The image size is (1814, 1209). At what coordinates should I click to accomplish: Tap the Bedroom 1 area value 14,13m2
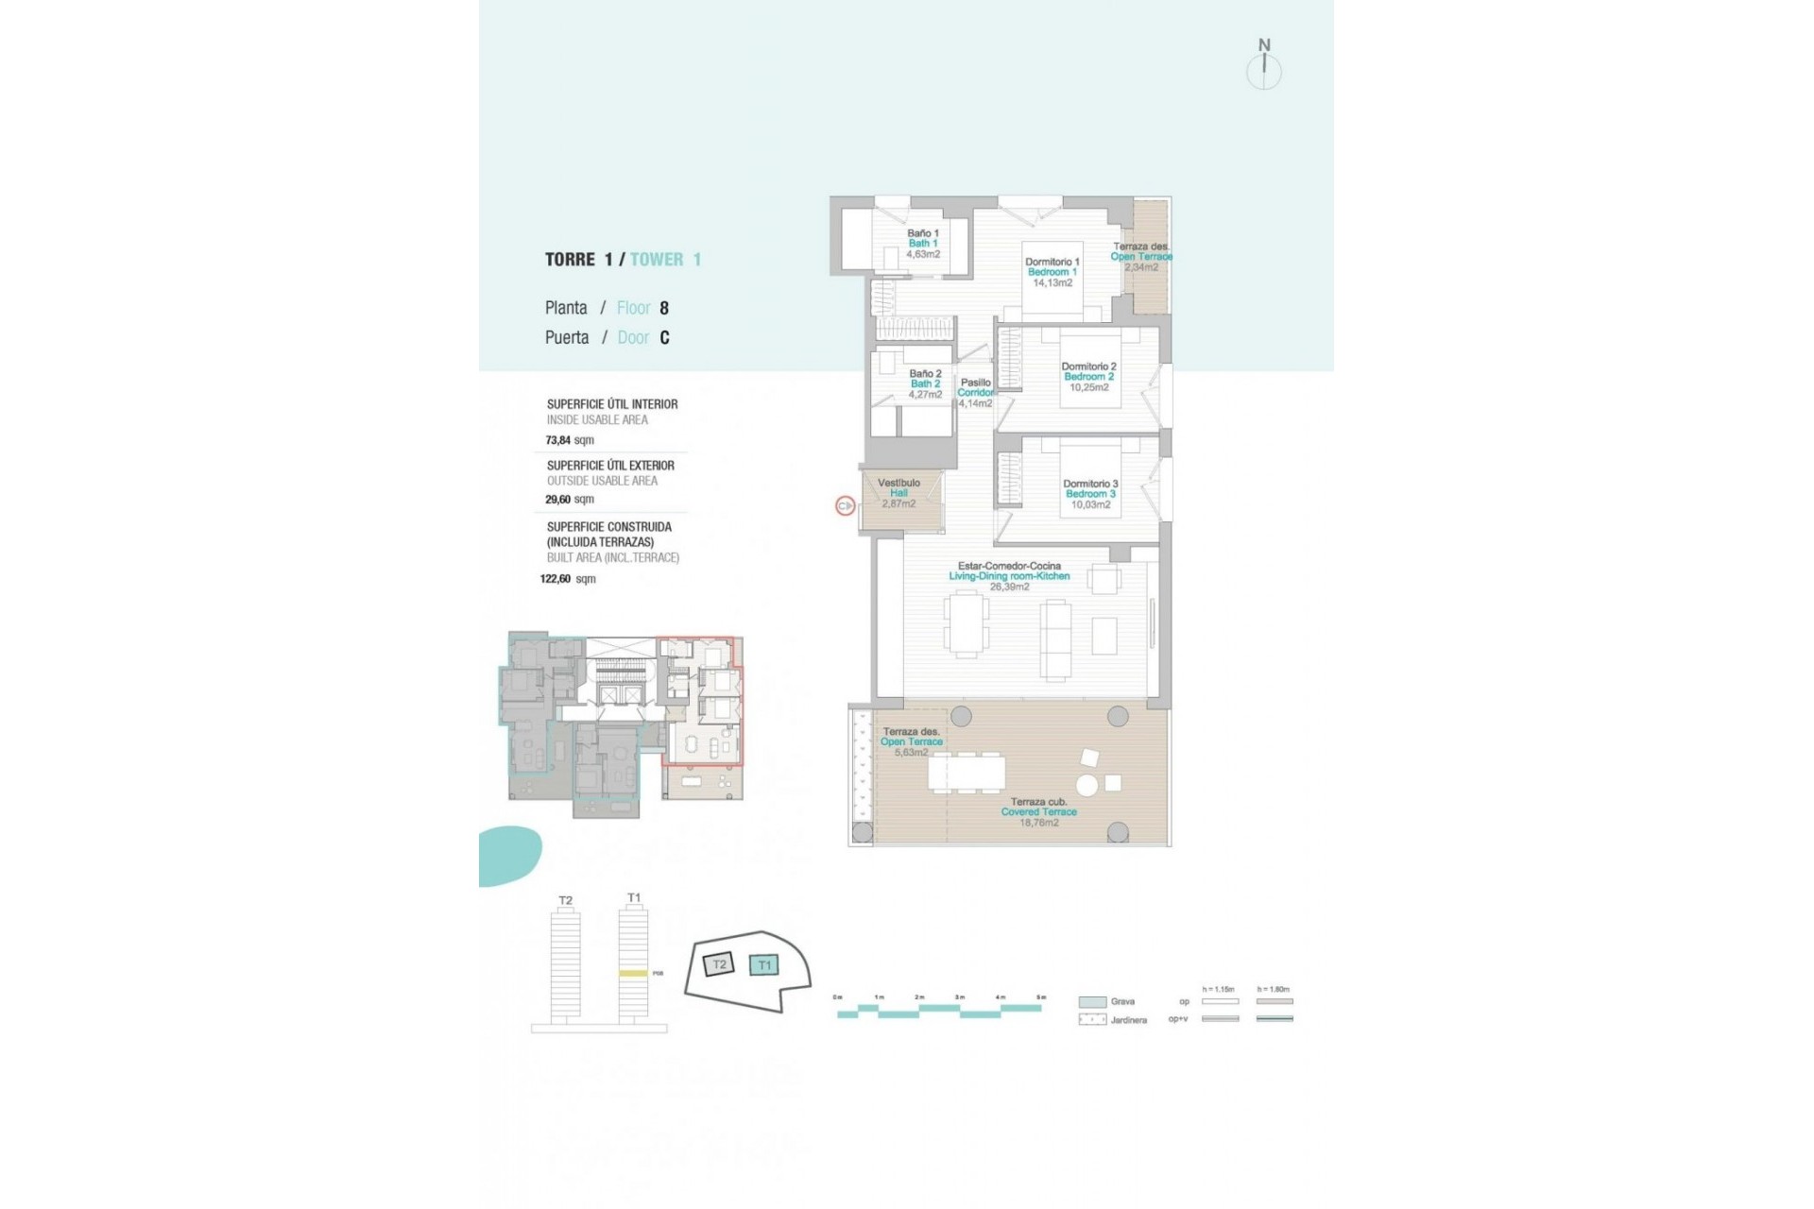coord(1052,283)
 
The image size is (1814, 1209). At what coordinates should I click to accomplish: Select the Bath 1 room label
coord(922,244)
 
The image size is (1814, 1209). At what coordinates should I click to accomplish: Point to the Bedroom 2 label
coord(1088,377)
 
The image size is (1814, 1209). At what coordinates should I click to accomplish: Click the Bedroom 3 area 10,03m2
coord(1090,505)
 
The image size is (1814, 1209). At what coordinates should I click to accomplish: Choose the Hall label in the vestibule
coord(898,493)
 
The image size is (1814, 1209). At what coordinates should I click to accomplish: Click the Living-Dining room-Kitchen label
coord(1009,576)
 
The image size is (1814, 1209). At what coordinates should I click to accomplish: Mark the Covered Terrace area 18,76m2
coord(1038,823)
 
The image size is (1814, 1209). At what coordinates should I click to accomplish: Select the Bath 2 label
coord(925,384)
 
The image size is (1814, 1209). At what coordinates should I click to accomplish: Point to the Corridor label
coord(976,393)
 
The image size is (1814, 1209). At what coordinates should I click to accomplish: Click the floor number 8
coord(664,308)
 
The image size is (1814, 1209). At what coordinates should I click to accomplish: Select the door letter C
coord(664,338)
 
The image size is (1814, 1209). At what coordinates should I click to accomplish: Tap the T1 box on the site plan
coord(764,965)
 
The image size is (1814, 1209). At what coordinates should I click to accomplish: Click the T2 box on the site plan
coord(719,964)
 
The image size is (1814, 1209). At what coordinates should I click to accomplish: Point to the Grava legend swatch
coord(1092,1002)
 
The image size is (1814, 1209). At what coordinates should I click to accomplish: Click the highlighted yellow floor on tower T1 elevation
coord(633,973)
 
